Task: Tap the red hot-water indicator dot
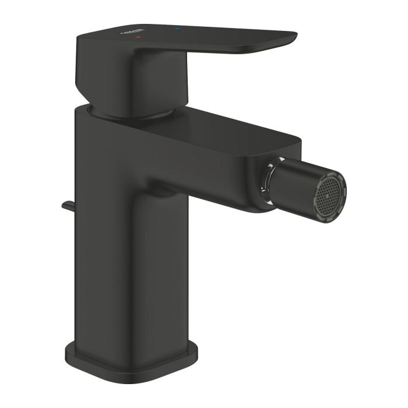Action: (x=138, y=37)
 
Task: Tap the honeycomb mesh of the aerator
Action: (x=328, y=192)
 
